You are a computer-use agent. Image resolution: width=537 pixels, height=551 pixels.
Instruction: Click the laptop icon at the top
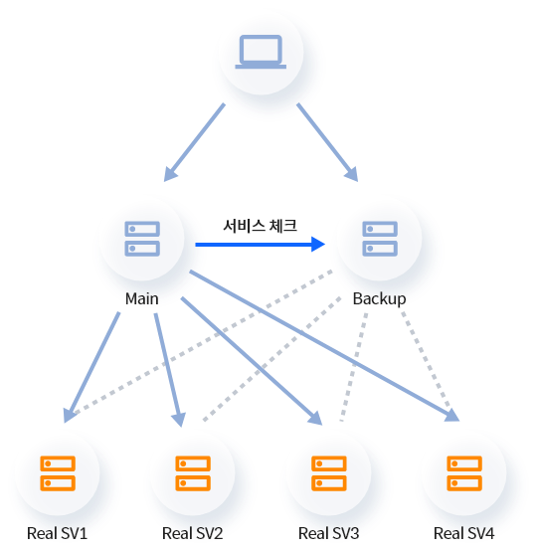coord(261,52)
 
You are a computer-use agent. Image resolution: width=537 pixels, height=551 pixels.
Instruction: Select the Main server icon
coord(142,239)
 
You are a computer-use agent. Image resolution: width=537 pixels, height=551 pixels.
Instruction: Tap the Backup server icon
coord(380,239)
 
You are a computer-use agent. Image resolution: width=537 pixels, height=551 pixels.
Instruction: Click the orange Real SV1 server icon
coord(58,473)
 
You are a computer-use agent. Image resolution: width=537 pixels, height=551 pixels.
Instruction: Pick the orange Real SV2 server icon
coord(193,473)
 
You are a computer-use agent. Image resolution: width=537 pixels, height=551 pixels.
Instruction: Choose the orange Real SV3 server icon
coord(329,473)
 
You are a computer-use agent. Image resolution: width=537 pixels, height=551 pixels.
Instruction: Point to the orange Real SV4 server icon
coord(464,473)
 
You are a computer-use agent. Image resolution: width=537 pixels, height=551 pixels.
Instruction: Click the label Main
coord(142,298)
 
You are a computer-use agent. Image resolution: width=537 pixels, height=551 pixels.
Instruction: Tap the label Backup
coord(380,299)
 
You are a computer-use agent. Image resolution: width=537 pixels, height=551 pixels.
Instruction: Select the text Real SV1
coord(58,533)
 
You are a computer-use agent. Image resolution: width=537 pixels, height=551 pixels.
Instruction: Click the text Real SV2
coord(193,533)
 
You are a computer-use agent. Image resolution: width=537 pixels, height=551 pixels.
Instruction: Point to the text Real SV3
coord(329,533)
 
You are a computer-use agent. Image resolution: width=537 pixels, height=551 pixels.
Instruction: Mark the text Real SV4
coord(464,533)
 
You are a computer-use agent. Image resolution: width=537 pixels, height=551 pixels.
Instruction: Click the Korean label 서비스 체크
coord(261,226)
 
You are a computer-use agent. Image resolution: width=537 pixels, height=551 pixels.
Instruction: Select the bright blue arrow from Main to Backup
coord(261,245)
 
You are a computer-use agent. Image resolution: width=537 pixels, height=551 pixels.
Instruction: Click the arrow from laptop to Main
coord(194,142)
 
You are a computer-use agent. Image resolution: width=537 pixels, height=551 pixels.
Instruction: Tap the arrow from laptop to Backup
coord(327,142)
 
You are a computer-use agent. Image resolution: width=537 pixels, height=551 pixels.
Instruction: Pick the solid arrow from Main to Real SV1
coord(91,367)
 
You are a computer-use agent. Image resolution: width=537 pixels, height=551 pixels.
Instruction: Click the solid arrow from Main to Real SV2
coord(168,370)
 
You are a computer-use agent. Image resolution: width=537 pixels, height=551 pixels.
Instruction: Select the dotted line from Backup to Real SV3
coord(354,367)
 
